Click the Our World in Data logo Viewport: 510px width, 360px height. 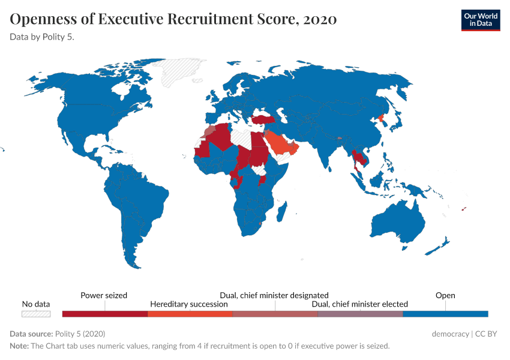480,20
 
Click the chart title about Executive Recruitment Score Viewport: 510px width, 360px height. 173,19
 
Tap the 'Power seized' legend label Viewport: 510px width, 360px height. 104,295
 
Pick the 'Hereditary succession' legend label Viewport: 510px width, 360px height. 189,304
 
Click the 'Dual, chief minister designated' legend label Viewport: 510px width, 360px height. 274,295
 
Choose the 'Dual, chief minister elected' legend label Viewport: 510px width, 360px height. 360,304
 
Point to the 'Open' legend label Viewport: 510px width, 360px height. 445,295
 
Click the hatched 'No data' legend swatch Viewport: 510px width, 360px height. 36,314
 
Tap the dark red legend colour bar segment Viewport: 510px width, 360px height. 105,314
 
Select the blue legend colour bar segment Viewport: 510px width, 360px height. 445,314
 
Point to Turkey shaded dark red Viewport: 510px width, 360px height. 264,119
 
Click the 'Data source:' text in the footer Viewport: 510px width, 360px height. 31,334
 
